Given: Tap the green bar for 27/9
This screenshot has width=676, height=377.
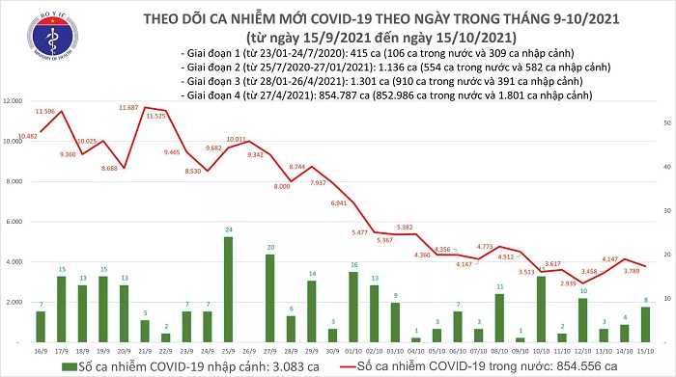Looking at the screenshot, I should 269,285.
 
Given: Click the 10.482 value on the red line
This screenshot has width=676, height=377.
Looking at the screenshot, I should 26,137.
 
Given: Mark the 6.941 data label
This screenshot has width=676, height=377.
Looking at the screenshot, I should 337,203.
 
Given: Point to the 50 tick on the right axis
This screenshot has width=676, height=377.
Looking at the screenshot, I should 667,123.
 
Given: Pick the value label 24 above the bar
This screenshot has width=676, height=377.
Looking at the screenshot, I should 228,229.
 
